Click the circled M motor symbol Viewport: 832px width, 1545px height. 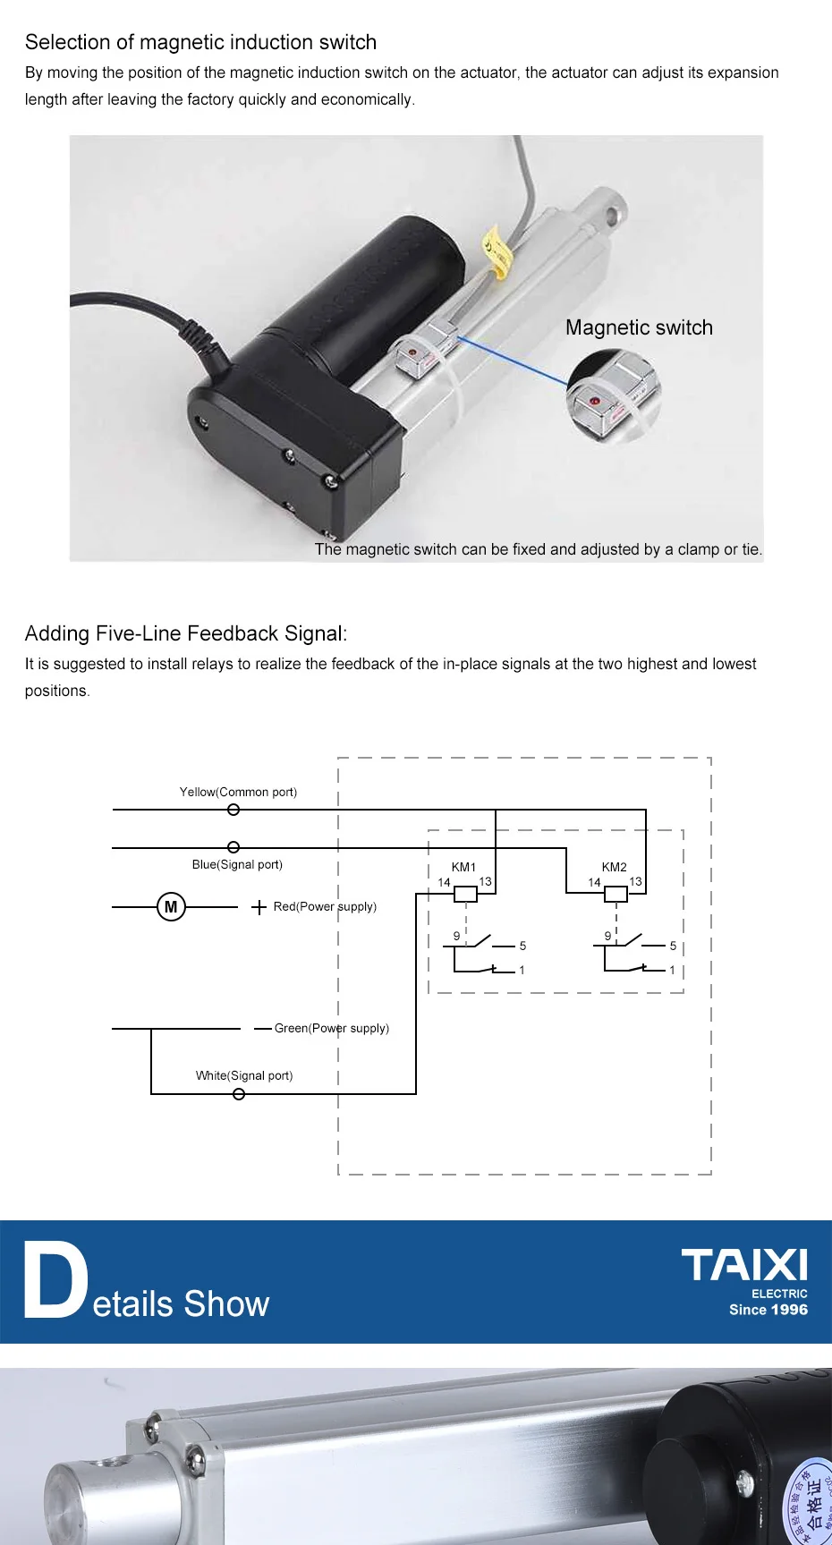pyautogui.click(x=171, y=907)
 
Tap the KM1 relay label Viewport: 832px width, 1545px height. pyautogui.click(x=463, y=867)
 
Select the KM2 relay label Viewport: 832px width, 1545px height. pyautogui.click(x=614, y=867)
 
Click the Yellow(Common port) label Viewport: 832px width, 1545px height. pyautogui.click(x=238, y=792)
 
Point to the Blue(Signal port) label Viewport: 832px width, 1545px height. pyautogui.click(x=237, y=864)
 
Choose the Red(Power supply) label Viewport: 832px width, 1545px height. pyautogui.click(x=325, y=906)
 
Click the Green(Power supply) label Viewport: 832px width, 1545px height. pyautogui.click(x=331, y=1028)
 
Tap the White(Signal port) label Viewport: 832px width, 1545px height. pyautogui.click(x=244, y=1075)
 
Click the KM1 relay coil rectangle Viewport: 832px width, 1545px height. pyautogui.click(x=466, y=894)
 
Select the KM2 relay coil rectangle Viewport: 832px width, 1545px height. pyautogui.click(x=616, y=894)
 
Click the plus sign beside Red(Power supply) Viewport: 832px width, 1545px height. pyautogui.click(x=259, y=907)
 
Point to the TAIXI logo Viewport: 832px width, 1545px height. pyautogui.click(x=744, y=1266)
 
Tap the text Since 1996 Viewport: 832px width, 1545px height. pyautogui.click(x=768, y=1310)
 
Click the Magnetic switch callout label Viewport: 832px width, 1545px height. pyautogui.click(x=639, y=327)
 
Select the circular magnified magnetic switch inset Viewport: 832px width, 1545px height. pyautogui.click(x=614, y=395)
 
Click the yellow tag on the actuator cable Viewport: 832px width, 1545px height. pyautogui.click(x=496, y=251)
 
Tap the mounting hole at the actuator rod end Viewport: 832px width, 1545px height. pyautogui.click(x=613, y=215)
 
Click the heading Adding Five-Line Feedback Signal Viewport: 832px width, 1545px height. pyautogui.click(x=186, y=633)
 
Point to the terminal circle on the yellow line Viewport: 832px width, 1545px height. pyautogui.click(x=233, y=810)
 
